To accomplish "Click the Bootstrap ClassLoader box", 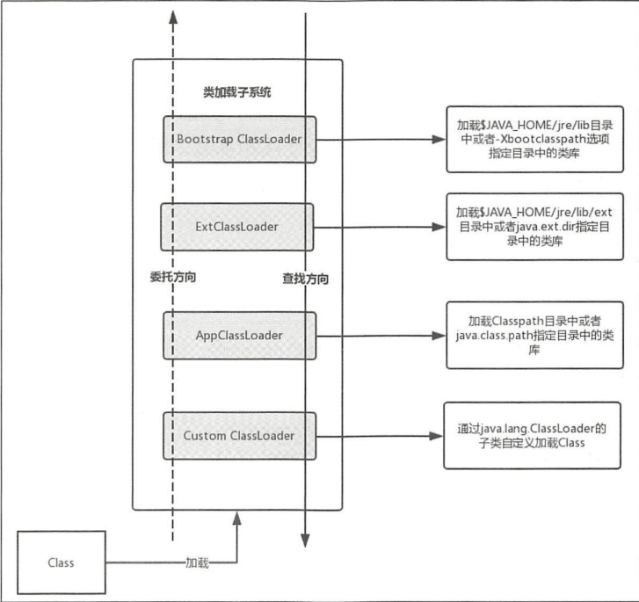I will [239, 139].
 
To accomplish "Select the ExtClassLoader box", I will [238, 226].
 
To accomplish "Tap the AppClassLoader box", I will [238, 335].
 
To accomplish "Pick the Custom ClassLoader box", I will [238, 434].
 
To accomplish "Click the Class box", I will [62, 562].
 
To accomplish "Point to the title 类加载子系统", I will [233, 91].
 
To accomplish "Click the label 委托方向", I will [173, 276].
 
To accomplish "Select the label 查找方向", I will [305, 279].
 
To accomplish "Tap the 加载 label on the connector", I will [197, 562].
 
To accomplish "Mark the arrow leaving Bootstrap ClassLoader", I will [378, 139].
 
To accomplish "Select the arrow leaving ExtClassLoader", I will [378, 226].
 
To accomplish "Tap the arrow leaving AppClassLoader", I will [378, 335].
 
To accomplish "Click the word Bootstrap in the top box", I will [204, 139].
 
